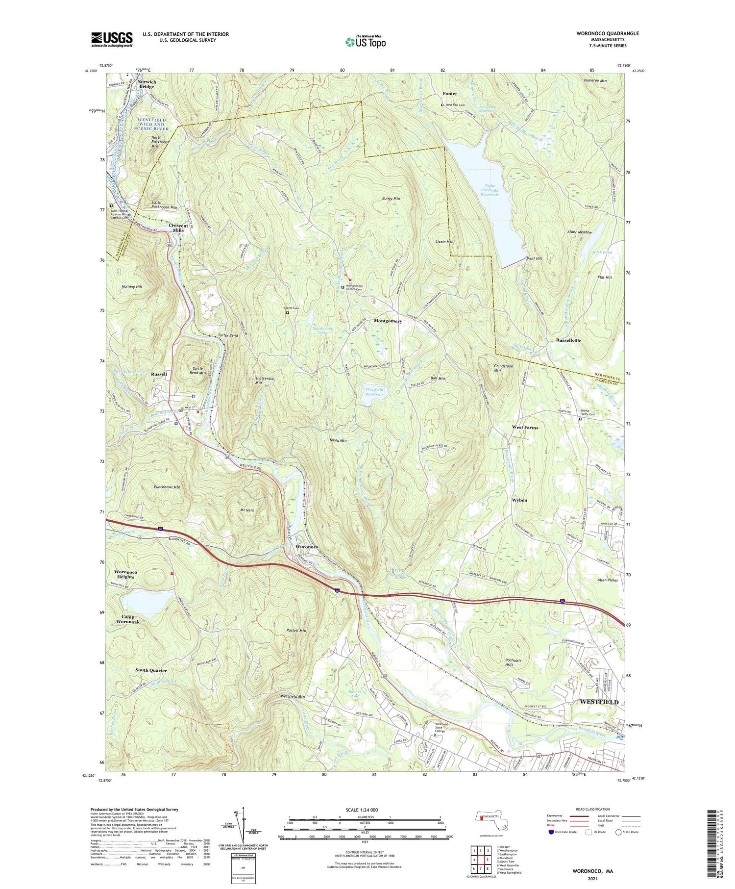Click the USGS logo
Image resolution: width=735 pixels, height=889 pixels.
[x=112, y=39]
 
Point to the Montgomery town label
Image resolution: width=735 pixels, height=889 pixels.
[x=388, y=321]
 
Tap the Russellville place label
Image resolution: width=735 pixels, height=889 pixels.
[x=568, y=340]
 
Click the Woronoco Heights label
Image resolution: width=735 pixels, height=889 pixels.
[x=126, y=574]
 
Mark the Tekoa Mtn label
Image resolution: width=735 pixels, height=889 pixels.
[x=338, y=440]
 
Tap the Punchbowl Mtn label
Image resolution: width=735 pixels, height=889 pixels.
[x=167, y=487]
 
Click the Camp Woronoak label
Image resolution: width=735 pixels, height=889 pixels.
[x=128, y=619]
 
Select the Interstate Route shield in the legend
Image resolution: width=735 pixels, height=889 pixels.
[x=552, y=832]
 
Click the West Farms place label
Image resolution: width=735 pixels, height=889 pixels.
[x=525, y=428]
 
